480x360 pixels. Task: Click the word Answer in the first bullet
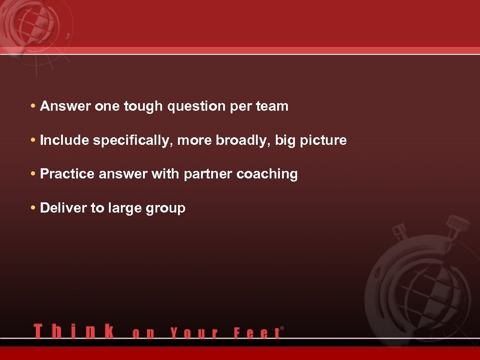coord(66,106)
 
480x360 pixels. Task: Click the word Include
coord(65,140)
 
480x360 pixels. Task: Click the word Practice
coord(67,174)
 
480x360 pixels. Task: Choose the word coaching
coord(267,174)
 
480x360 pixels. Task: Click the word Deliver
coord(63,208)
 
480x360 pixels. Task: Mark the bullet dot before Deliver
coord(34,208)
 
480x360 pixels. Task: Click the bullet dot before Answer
coord(34,106)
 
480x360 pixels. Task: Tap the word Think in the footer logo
coord(74,331)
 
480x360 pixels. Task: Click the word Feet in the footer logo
coord(257,333)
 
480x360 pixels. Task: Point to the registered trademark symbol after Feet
coord(282,328)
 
